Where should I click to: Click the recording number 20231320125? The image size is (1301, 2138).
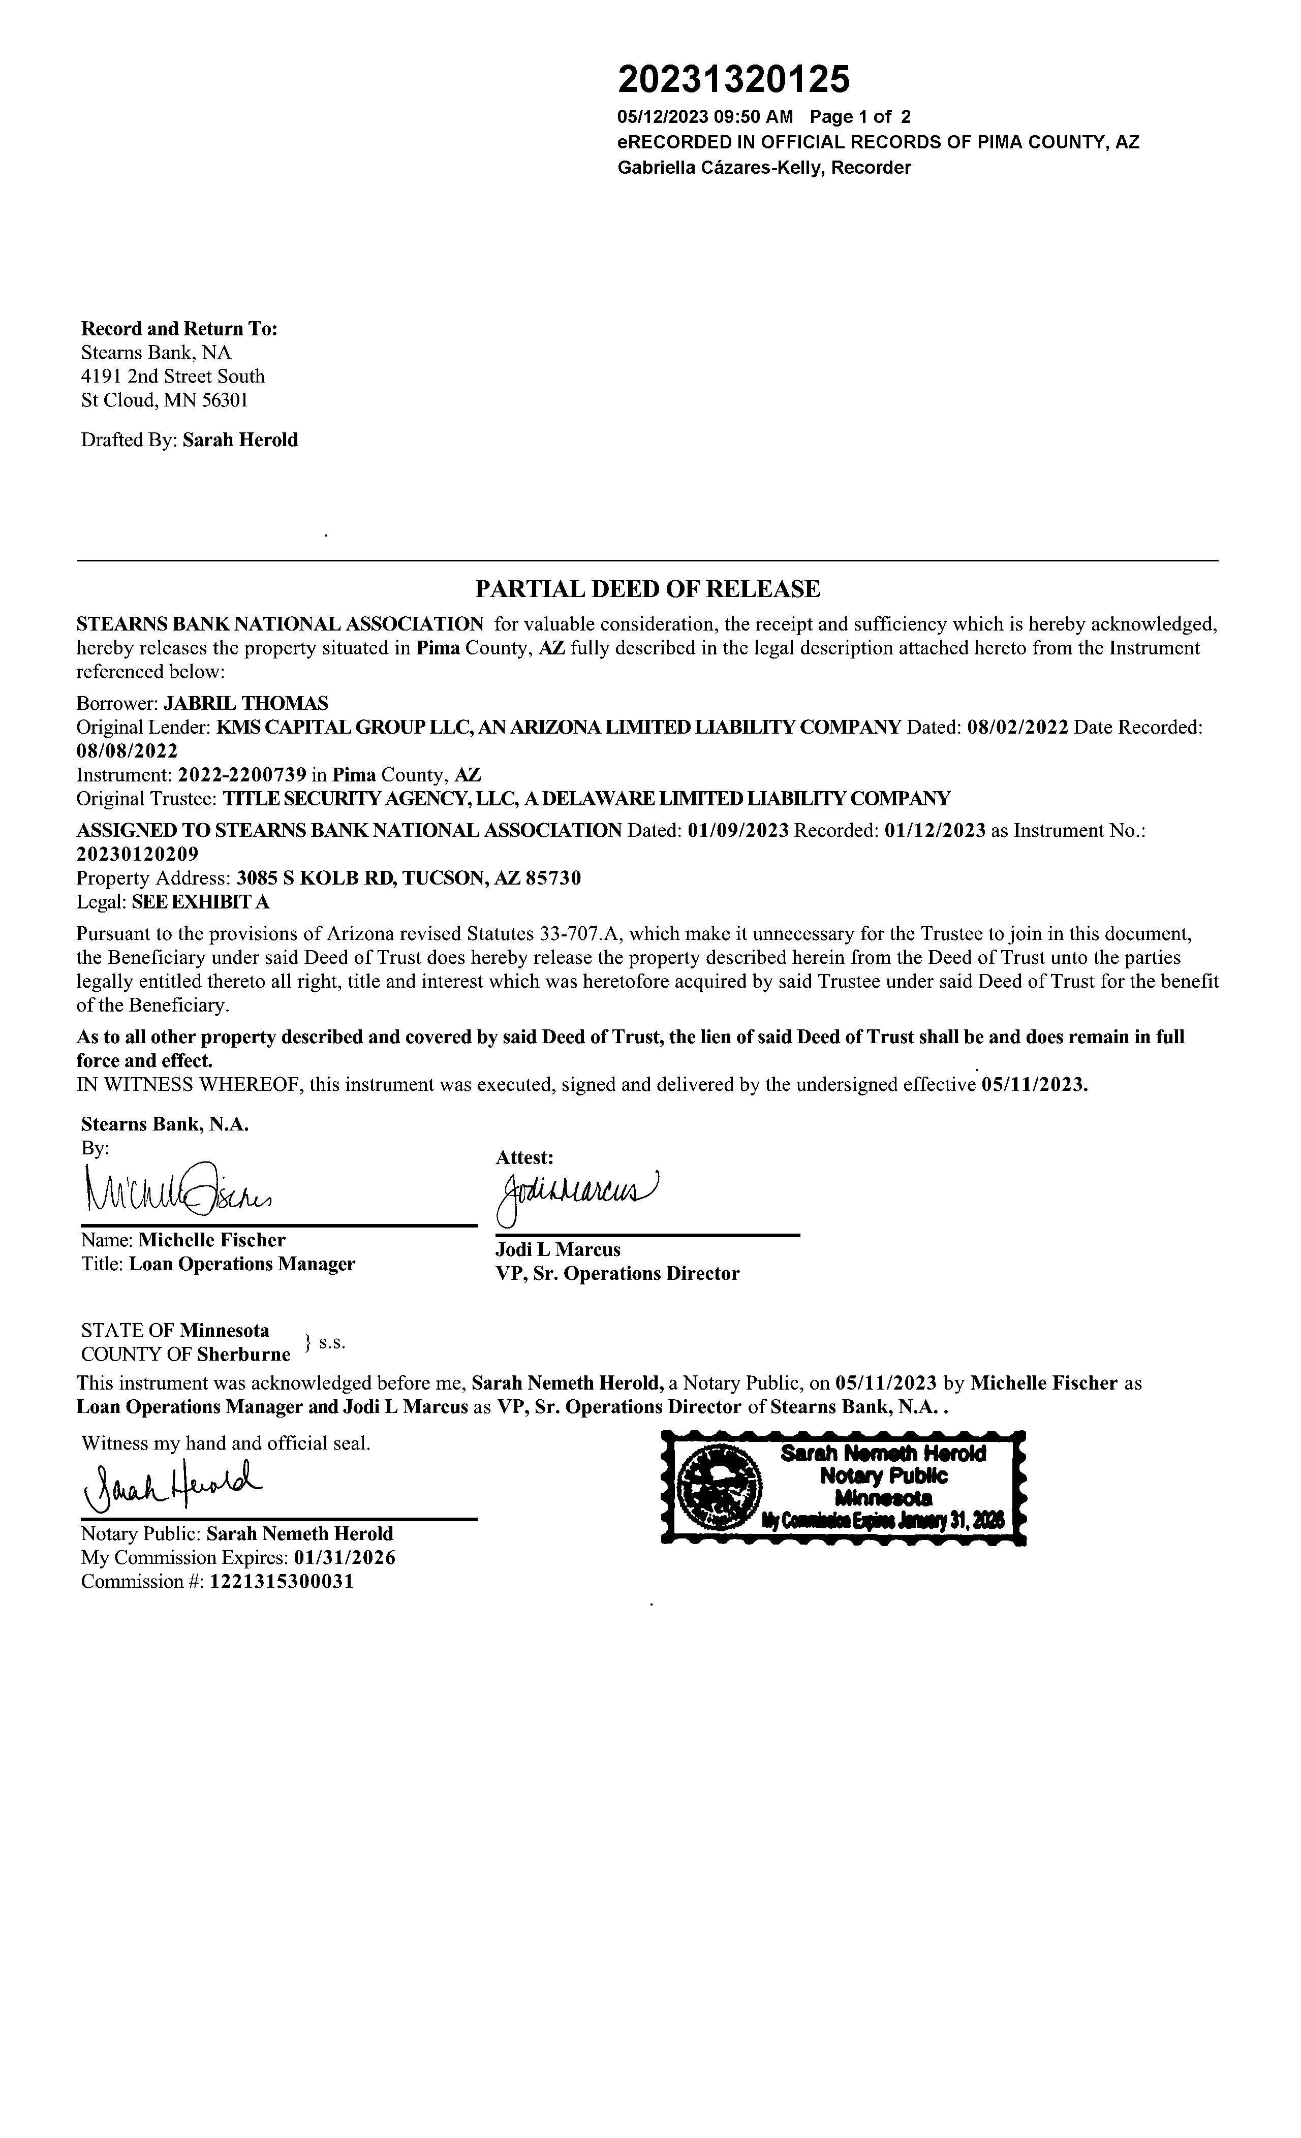733,80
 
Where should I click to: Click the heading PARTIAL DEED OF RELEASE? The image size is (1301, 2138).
647,589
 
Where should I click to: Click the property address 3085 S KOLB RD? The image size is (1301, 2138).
316,878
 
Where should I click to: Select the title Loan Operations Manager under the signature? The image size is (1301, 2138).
242,1264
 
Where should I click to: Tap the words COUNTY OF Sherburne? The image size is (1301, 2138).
185,1354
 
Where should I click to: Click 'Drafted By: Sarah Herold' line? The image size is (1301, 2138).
189,440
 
